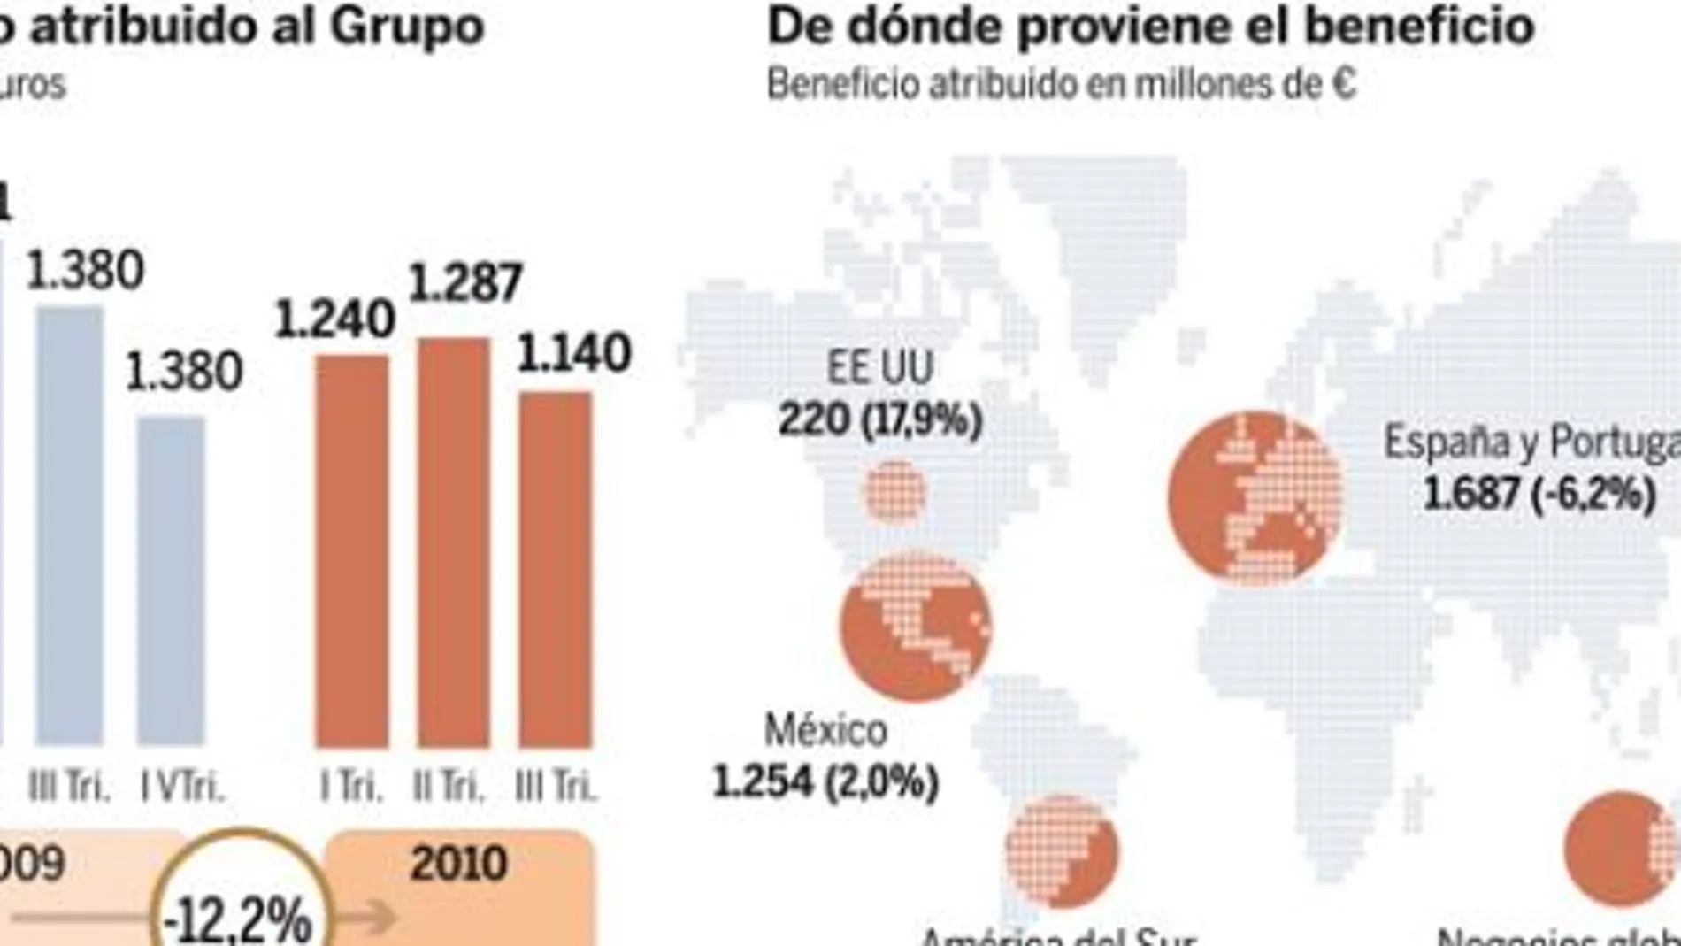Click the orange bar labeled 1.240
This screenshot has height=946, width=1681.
point(352,550)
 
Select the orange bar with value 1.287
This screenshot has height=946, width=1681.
point(453,542)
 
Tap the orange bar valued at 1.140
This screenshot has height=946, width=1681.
point(555,569)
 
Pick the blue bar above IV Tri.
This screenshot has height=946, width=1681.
point(172,581)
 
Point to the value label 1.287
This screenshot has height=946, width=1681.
point(465,284)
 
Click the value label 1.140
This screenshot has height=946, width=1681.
point(574,354)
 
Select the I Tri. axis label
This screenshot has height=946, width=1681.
point(352,787)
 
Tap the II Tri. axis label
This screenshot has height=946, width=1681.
point(449,787)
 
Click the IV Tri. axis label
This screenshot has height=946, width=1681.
point(183,787)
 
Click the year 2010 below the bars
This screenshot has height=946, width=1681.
point(458,863)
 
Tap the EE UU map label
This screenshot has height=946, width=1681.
point(879,368)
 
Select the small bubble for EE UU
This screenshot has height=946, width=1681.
point(895,492)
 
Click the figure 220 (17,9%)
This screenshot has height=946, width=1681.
point(880,419)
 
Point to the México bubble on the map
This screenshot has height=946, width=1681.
point(916,626)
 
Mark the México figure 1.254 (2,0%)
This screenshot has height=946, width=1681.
point(825,781)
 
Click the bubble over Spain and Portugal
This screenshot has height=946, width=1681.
point(1255,497)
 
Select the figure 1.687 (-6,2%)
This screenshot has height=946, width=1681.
point(1539,493)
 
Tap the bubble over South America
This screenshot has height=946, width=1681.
point(1062,851)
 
